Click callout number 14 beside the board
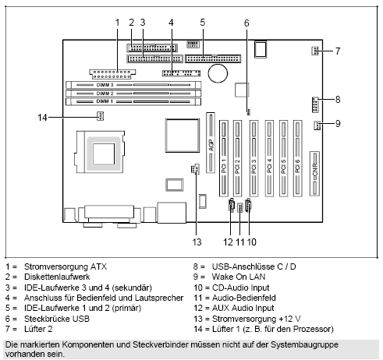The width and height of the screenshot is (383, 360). (44, 117)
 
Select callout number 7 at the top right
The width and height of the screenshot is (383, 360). (338, 51)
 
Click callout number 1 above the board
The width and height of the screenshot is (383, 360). (116, 22)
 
